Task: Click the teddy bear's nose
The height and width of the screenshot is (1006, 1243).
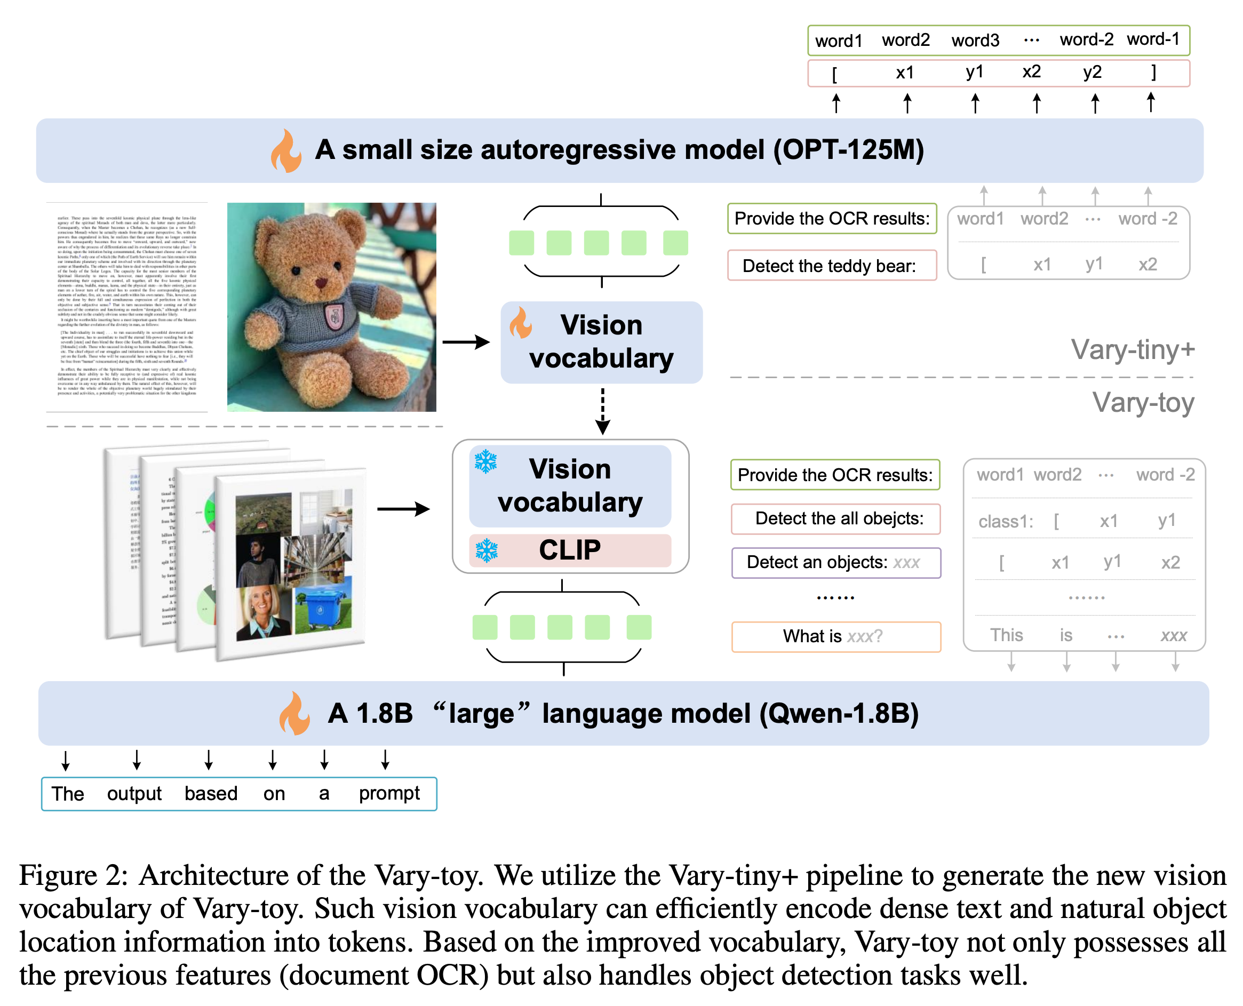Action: (x=321, y=282)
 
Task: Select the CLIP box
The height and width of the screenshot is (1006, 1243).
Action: (x=570, y=549)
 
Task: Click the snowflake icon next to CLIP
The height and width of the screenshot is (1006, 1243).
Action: (x=486, y=550)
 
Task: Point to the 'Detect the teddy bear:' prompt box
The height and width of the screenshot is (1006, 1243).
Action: (x=831, y=266)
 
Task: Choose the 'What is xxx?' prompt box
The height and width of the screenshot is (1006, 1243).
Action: (x=835, y=636)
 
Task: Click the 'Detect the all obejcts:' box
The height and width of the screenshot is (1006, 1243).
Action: (x=835, y=518)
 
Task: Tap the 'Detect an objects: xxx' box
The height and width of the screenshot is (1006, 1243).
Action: (x=835, y=562)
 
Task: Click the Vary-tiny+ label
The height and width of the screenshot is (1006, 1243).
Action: (x=1132, y=349)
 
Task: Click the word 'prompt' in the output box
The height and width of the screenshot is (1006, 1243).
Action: (x=389, y=793)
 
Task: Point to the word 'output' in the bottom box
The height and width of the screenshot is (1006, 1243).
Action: (x=134, y=793)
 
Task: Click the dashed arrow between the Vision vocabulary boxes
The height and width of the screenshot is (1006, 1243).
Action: (x=602, y=410)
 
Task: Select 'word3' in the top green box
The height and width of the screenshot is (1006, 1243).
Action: (x=975, y=41)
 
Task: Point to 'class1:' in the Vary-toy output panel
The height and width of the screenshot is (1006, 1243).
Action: (x=1005, y=522)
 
